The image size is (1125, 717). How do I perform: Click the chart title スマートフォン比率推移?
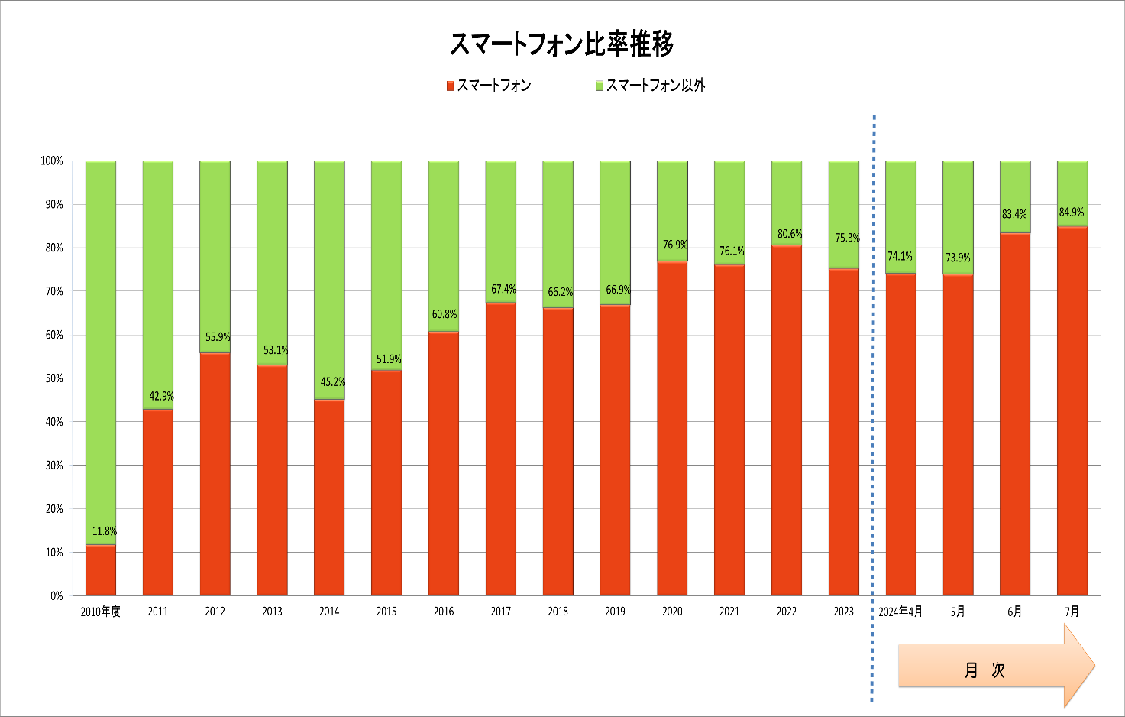point(561,44)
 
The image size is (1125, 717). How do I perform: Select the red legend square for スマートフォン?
point(450,86)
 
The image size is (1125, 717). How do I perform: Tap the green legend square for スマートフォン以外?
point(600,86)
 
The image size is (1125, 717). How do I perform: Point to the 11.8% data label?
point(105,531)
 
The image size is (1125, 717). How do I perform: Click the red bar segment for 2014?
point(329,498)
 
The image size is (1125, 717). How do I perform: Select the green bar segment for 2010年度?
point(101,353)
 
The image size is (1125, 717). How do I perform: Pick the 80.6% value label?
point(790,234)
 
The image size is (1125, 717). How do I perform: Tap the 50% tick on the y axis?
point(54,378)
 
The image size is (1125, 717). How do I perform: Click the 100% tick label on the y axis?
point(52,161)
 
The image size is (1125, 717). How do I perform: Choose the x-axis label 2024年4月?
point(900,612)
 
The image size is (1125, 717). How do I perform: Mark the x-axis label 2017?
point(501,612)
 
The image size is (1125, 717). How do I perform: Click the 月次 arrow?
point(997,666)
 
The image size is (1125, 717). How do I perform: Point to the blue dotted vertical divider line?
point(873,408)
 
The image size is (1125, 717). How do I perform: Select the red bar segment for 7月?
point(1072,411)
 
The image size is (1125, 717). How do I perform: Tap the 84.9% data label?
point(1072,213)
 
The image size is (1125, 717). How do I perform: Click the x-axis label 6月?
point(1014,612)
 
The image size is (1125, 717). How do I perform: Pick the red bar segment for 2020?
point(673,429)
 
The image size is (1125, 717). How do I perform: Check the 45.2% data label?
point(333,382)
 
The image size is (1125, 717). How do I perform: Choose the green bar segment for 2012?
point(215,257)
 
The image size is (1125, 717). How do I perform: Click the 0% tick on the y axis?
point(57,595)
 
